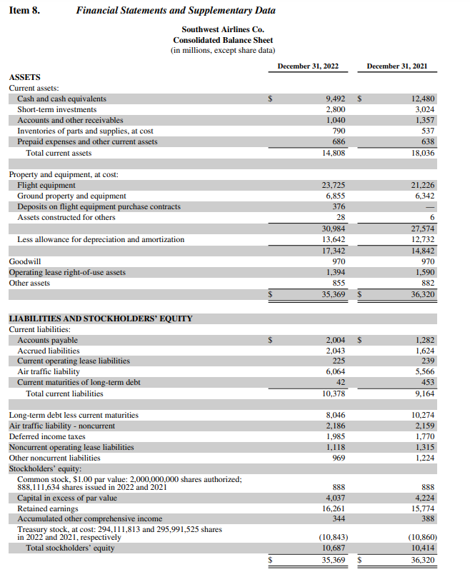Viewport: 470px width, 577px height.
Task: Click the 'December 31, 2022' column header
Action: [x=308, y=66]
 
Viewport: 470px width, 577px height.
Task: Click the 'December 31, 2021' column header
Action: [x=397, y=66]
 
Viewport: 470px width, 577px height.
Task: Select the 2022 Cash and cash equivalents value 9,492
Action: [x=335, y=99]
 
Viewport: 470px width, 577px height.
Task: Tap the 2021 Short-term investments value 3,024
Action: [x=424, y=109]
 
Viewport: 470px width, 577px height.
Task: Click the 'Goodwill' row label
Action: [x=25, y=261]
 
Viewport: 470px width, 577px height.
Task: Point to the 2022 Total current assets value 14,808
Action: [x=334, y=153]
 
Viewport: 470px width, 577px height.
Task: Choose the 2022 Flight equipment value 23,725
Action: [x=334, y=185]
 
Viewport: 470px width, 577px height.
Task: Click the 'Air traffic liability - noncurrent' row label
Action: [x=61, y=426]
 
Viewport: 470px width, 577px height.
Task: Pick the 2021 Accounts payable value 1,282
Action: [x=424, y=340]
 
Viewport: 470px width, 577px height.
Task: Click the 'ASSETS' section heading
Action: [x=24, y=77]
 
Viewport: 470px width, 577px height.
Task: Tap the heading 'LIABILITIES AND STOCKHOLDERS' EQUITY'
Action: [x=100, y=318]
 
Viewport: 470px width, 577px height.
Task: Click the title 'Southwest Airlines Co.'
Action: [x=223, y=30]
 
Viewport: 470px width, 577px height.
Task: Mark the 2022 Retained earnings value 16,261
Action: [x=334, y=508]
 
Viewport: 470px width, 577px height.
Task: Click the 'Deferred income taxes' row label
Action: [x=47, y=436]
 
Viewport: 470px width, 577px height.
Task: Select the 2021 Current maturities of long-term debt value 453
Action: [x=428, y=383]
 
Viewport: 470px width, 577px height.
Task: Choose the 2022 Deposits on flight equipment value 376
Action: [x=339, y=206]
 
